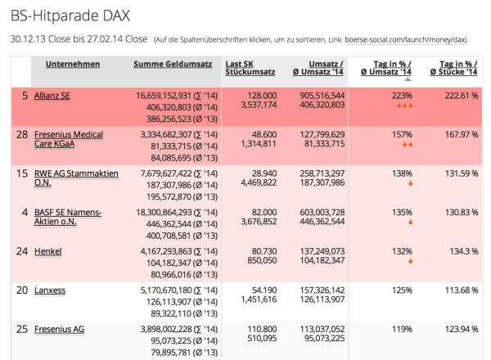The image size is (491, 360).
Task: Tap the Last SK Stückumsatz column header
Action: tap(250, 69)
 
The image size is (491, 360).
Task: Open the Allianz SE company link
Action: tap(52, 96)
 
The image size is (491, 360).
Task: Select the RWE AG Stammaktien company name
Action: tap(76, 179)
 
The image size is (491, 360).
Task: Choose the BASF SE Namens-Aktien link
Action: tap(68, 218)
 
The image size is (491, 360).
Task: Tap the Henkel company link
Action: tap(47, 251)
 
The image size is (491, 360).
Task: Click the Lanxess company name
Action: tap(50, 290)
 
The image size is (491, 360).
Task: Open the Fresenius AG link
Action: tap(59, 330)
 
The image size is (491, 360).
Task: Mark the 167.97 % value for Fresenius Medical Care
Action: tap(459, 134)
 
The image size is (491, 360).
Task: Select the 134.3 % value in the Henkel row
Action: tap(462, 251)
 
